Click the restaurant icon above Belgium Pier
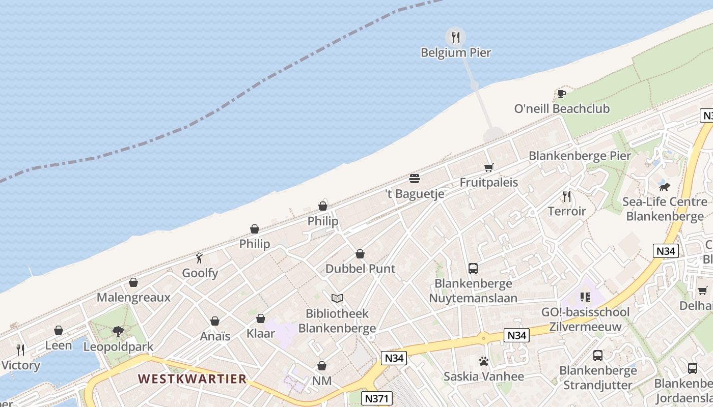pyautogui.click(x=456, y=37)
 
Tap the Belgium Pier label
pyautogui.click(x=456, y=52)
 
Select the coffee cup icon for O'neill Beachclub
pyautogui.click(x=561, y=94)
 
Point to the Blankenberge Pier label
pyautogui.click(x=580, y=156)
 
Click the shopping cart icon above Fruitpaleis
pyautogui.click(x=489, y=167)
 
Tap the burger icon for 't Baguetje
pyautogui.click(x=415, y=179)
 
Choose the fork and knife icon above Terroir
pyautogui.click(x=566, y=196)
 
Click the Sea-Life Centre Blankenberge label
pyautogui.click(x=665, y=209)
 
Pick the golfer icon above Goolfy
pyautogui.click(x=199, y=258)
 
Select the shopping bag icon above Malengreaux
pyautogui.click(x=133, y=282)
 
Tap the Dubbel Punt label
pyautogui.click(x=360, y=269)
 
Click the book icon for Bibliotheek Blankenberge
pyautogui.click(x=337, y=299)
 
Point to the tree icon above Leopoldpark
pyautogui.click(x=118, y=332)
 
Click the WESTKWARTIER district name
pyautogui.click(x=192, y=379)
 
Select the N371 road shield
pyautogui.click(x=377, y=398)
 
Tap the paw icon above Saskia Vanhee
pyautogui.click(x=483, y=361)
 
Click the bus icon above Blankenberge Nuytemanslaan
pyautogui.click(x=473, y=268)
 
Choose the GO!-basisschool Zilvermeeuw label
pyautogui.click(x=589, y=319)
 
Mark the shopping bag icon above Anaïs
pyautogui.click(x=215, y=321)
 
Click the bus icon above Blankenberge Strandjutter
pyautogui.click(x=598, y=356)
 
